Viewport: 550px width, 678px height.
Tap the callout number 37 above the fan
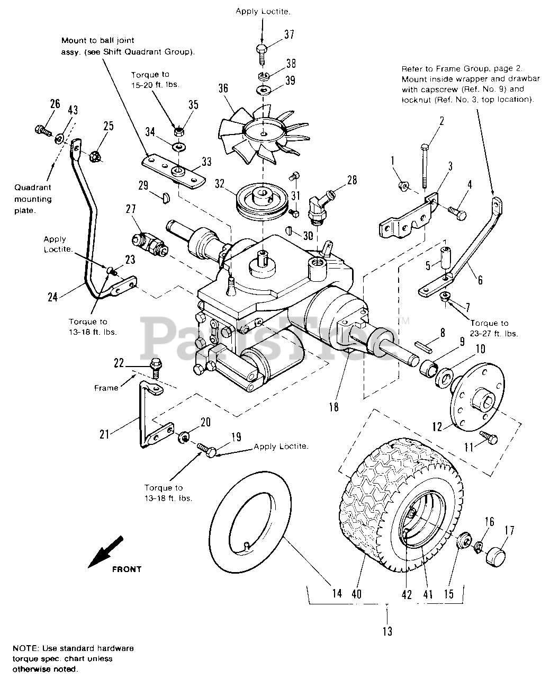coord(288,35)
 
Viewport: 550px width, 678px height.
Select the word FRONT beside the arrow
coord(127,569)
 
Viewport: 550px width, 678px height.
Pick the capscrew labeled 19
coord(207,450)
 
